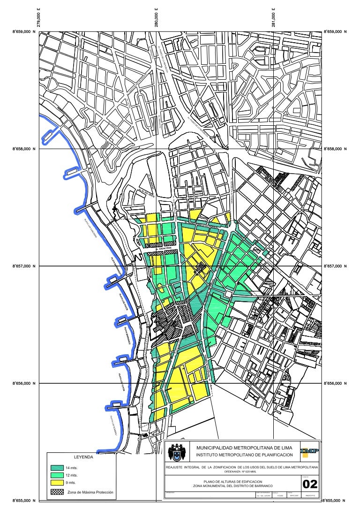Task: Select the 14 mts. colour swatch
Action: [x=58, y=468]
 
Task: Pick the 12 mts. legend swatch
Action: [x=58, y=475]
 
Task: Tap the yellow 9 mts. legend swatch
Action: [x=58, y=482]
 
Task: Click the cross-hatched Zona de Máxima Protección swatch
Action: [x=58, y=492]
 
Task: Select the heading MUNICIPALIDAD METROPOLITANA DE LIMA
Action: [x=244, y=449]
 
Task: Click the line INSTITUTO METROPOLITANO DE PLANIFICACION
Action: [x=244, y=455]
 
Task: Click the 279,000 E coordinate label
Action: [x=39, y=19]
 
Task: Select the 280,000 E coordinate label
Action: [x=156, y=19]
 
